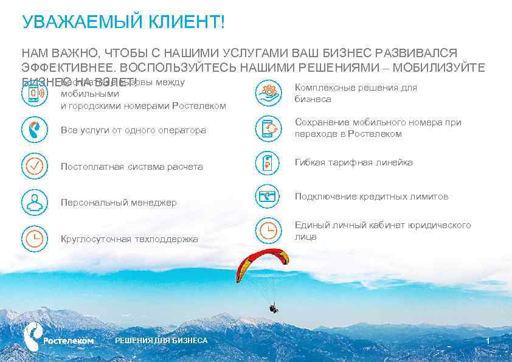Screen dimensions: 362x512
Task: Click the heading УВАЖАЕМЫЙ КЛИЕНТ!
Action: (x=123, y=23)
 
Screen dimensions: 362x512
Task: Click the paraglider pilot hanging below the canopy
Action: (x=274, y=308)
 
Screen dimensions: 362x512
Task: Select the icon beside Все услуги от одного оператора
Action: (x=35, y=130)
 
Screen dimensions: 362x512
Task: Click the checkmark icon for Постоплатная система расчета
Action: (x=35, y=165)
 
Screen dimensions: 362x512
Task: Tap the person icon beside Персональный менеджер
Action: (x=35, y=201)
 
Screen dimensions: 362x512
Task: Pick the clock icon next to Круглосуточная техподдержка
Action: (x=35, y=238)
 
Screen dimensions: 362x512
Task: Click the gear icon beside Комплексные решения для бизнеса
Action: (x=268, y=93)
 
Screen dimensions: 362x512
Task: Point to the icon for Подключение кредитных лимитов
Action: (x=268, y=196)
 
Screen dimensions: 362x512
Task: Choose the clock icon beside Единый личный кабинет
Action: (x=268, y=230)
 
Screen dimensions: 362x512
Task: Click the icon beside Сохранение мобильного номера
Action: (x=268, y=128)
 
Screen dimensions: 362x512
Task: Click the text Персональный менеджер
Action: (x=119, y=203)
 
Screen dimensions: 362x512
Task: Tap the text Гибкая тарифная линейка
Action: (x=354, y=162)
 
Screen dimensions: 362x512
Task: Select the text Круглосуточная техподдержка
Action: (x=130, y=239)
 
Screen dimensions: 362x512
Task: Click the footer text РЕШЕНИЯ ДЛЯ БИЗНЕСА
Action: (x=161, y=340)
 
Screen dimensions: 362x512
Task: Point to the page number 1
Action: (x=488, y=340)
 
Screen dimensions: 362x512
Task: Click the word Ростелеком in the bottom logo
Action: (x=69, y=341)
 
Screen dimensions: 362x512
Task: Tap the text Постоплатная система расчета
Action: (x=132, y=167)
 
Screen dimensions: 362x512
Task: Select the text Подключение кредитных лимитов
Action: (x=372, y=197)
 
